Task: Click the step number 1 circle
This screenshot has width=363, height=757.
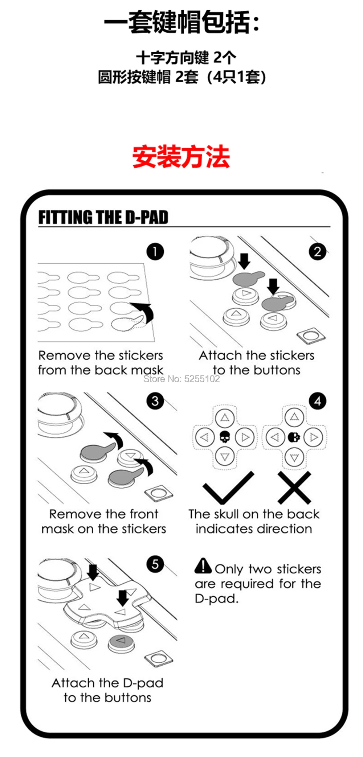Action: pos(155,252)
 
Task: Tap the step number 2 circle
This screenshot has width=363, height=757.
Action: pos(318,252)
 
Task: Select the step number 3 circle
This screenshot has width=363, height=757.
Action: pos(155,401)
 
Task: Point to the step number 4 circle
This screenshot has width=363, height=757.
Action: pos(318,401)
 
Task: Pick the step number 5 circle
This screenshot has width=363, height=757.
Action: pos(155,564)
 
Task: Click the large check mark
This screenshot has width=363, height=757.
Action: pos(228,488)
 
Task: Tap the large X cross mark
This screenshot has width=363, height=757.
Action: pos(294,488)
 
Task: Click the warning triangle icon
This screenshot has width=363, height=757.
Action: pos(203,566)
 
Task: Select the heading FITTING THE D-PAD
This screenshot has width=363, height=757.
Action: pos(103,217)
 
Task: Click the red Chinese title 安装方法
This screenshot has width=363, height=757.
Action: pos(181,157)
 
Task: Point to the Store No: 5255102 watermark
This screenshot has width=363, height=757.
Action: pos(181,379)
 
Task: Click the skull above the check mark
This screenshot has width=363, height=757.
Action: pos(225,437)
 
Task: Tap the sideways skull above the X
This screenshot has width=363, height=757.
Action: pos(294,437)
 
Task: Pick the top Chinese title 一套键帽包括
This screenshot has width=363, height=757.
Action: pos(181,22)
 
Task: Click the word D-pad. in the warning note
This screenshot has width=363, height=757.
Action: pos(216,598)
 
